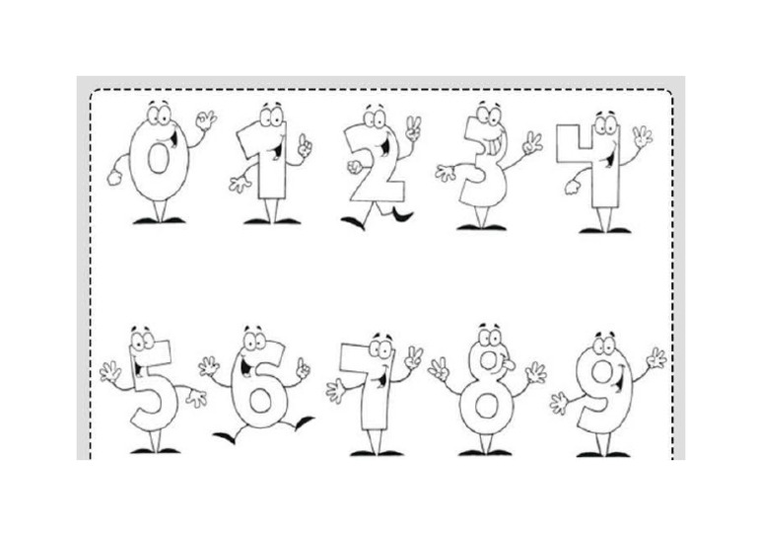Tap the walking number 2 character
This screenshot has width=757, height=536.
click(x=376, y=168)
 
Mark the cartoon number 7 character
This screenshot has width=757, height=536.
click(x=373, y=390)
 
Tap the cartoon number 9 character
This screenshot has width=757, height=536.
click(x=599, y=390)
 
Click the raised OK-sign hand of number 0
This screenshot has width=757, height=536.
click(x=205, y=121)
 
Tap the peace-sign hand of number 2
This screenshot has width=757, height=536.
click(x=413, y=127)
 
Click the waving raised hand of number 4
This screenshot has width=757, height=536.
click(x=642, y=135)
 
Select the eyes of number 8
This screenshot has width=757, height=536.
click(x=487, y=337)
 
